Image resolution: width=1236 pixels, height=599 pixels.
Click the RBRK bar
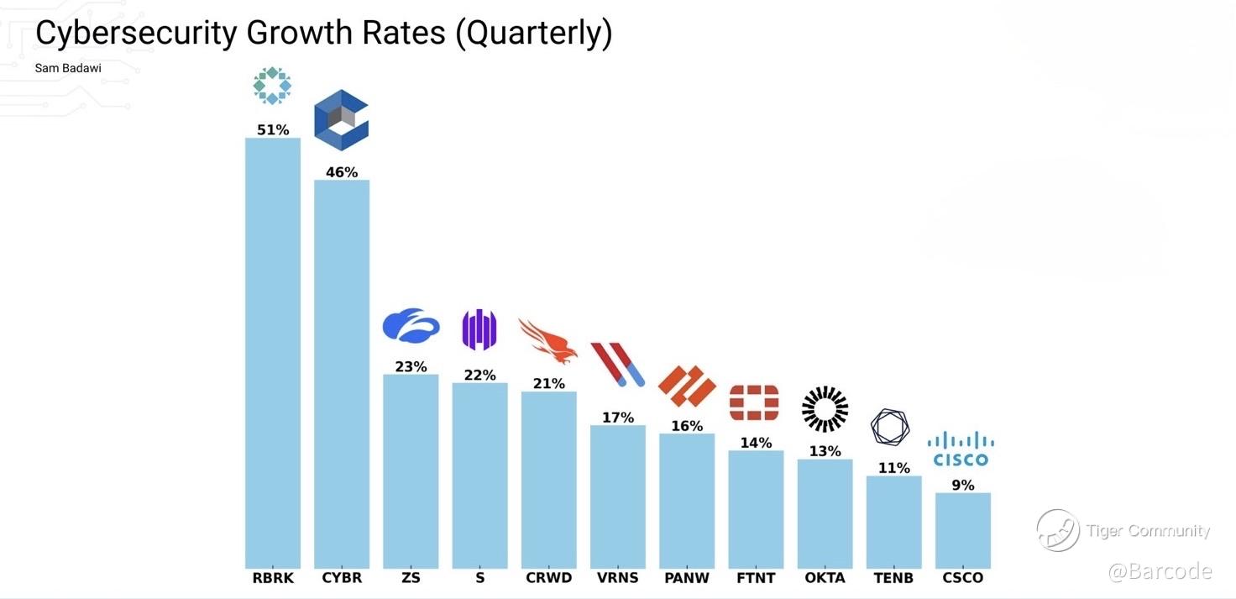272,353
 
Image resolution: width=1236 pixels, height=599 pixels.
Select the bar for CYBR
342,374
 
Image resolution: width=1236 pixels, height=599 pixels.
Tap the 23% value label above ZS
411,366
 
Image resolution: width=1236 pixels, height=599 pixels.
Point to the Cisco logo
961,449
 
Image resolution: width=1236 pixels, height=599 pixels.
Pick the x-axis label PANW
687,578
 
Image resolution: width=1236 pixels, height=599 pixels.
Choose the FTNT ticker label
756,578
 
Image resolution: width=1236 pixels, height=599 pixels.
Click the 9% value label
962,485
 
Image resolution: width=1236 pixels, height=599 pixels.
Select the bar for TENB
893,522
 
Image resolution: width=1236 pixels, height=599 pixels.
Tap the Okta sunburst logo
825,409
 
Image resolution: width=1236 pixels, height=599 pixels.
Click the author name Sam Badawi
68,68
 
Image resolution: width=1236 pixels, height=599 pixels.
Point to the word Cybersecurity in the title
137,34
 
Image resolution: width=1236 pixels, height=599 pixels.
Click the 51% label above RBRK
272,130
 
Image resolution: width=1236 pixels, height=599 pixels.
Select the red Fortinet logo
754,402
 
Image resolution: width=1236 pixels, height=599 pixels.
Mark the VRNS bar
618,497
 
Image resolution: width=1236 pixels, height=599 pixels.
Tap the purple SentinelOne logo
479,330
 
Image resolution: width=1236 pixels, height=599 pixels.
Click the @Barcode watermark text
1160,571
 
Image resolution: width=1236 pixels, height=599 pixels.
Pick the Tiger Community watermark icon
1058,530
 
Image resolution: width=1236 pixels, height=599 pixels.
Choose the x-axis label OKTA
825,578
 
